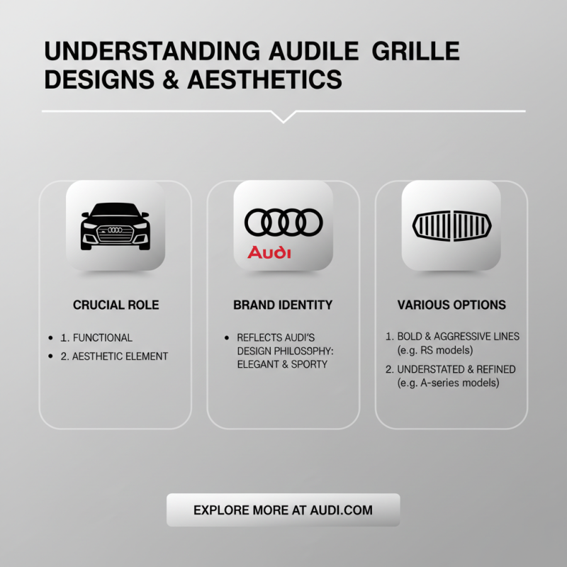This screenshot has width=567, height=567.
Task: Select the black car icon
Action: click(116, 225)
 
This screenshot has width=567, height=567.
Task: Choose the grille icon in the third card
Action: click(451, 225)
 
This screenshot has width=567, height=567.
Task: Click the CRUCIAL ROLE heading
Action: click(116, 305)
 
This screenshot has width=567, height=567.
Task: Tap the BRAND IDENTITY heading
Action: click(283, 305)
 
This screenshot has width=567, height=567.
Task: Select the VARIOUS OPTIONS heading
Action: click(451, 305)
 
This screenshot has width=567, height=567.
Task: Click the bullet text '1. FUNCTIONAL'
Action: click(102, 338)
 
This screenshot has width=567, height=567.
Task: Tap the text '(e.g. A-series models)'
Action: click(448, 383)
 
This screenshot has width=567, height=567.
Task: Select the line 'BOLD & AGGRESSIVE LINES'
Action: click(458, 336)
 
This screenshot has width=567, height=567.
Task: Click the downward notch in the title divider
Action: click(283, 116)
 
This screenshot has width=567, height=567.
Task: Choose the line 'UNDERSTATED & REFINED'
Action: click(456, 369)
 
